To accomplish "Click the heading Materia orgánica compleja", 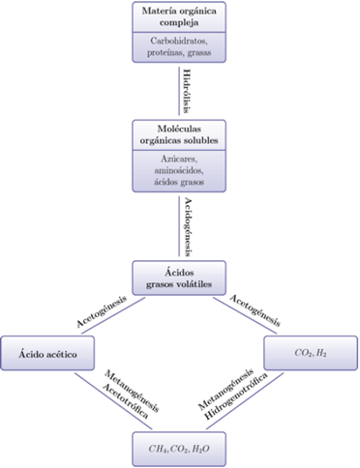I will point(179,17).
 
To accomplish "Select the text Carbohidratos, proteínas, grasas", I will point(179,46).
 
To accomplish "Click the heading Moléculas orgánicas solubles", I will point(179,135).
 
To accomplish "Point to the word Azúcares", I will point(179,157).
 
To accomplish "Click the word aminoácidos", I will point(179,168).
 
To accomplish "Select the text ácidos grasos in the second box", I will point(179,180).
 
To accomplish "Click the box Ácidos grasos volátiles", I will point(179,277).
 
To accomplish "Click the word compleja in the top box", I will point(179,23).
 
